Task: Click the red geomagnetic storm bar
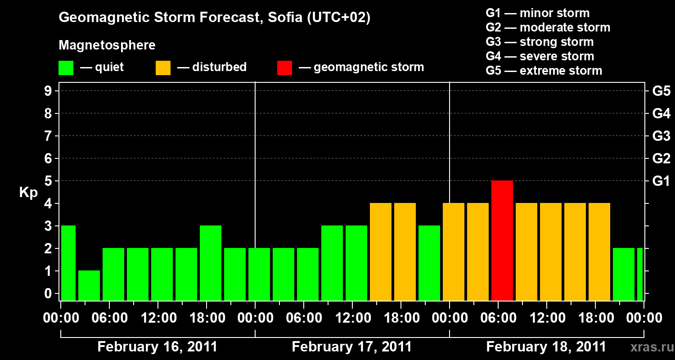tap(502, 240)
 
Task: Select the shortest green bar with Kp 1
tap(89, 285)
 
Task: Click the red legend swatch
tap(284, 67)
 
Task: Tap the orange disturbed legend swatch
tap(163, 67)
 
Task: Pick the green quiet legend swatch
tap(66, 67)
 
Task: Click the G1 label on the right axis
tap(661, 181)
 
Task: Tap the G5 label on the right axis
tap(661, 91)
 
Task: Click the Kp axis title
tap(28, 193)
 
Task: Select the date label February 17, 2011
tap(352, 347)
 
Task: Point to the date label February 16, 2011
tap(157, 347)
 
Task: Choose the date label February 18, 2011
tap(546, 347)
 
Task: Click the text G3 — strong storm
tap(540, 42)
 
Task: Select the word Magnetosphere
tap(107, 45)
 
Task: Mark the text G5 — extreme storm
tap(544, 71)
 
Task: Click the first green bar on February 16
tap(68, 263)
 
